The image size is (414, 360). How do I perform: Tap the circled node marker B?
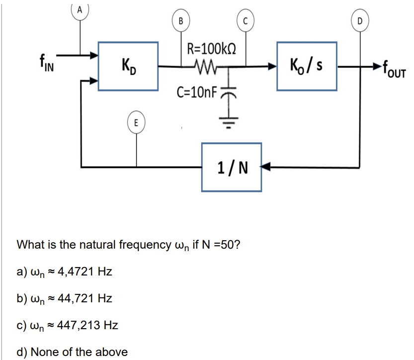(181, 21)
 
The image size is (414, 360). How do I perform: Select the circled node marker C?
(245, 21)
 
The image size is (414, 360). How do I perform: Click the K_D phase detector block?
(128, 66)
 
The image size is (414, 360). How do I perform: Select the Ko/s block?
(307, 66)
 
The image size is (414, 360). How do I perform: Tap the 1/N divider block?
(232, 167)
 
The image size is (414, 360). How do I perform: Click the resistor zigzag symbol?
(205, 65)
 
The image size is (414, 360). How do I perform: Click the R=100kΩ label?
(211, 49)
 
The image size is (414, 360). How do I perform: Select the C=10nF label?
(197, 92)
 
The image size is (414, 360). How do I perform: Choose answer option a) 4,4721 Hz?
(65, 272)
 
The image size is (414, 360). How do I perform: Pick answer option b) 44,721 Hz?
(65, 298)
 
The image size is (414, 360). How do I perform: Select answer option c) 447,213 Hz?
(68, 325)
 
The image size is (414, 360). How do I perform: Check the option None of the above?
(72, 352)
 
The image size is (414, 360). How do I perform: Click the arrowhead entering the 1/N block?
(266, 167)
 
